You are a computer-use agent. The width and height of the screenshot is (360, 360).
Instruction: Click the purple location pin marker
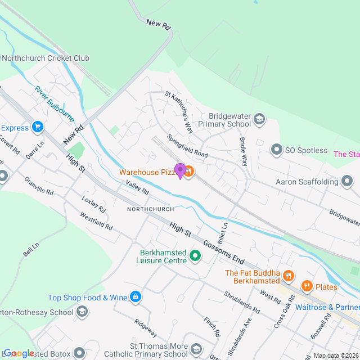180,170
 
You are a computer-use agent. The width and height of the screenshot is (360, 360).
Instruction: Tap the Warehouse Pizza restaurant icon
188,172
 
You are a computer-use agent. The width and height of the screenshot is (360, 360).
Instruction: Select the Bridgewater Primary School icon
259,119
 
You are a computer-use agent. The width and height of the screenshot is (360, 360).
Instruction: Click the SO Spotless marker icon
276,150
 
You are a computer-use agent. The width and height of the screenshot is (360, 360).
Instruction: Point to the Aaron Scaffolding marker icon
347,182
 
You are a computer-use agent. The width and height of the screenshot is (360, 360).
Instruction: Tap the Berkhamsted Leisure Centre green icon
196,256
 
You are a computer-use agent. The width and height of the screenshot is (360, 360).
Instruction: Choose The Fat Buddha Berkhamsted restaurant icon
289,275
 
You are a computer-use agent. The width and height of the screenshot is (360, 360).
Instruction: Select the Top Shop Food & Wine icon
135,296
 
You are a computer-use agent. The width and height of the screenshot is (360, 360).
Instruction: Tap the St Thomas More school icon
196,349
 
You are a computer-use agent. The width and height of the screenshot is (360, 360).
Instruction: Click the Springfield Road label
187,146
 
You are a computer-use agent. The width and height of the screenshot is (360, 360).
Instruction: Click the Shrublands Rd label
241,303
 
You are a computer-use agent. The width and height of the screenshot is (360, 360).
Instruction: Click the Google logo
19,353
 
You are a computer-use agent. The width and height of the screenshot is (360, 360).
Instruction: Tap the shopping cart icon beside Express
38,127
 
